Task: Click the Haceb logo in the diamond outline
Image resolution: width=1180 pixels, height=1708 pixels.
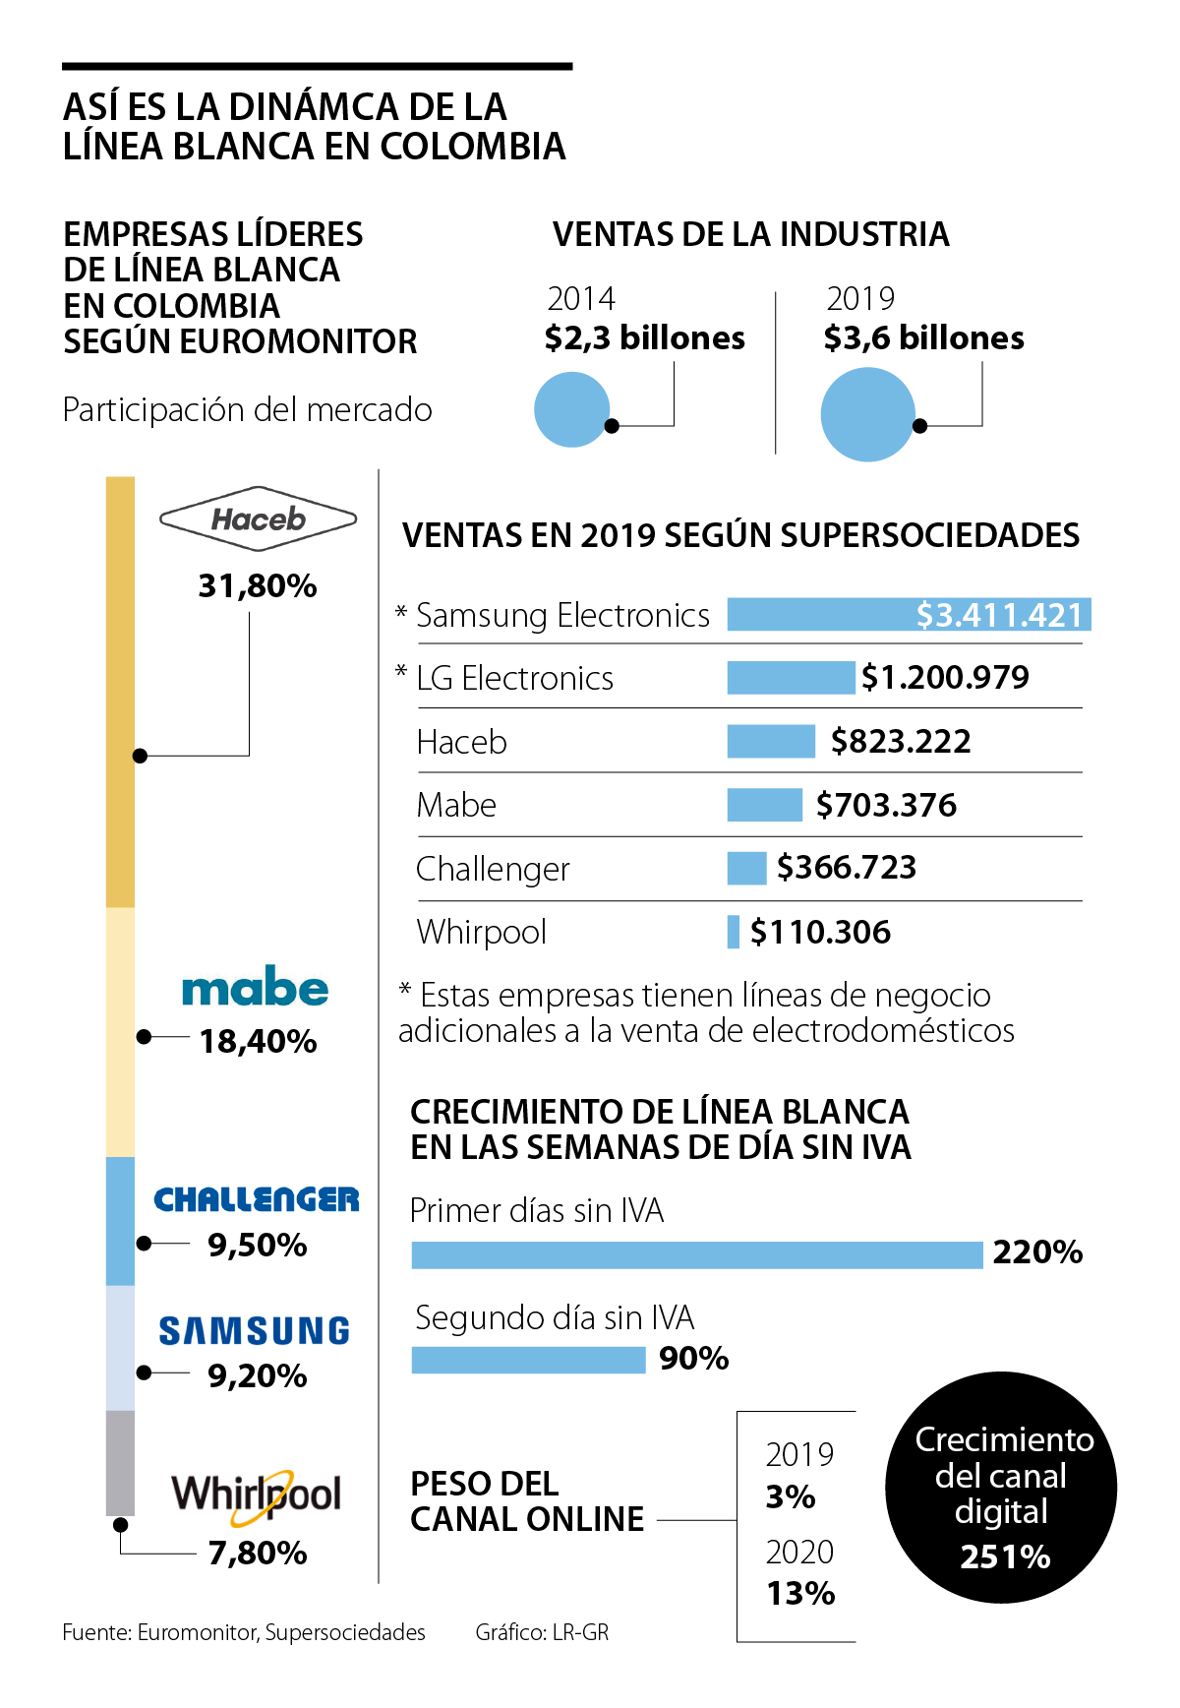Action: pos(258,518)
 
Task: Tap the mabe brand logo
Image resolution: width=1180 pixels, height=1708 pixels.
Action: pos(255,988)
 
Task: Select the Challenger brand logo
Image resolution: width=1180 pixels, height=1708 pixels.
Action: pos(257,1199)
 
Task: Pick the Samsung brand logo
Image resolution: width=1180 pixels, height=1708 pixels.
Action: pos(255,1331)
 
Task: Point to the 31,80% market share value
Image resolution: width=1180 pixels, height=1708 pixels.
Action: pos(258,586)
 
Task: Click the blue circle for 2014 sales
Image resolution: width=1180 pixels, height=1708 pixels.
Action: pos(572,409)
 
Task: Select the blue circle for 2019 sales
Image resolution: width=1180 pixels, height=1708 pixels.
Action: pos(867,414)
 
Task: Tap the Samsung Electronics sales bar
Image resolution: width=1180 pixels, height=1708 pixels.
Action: pos(909,615)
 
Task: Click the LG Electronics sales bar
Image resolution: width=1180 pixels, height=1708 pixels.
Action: pos(791,678)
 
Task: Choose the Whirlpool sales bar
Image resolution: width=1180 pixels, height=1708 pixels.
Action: pos(733,932)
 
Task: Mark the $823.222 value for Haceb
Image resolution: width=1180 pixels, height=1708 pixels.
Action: pos(901,742)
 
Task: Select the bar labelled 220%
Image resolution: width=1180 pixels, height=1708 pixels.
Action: pos(696,1254)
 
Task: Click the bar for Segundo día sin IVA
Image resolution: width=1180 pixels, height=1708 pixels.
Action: pos(528,1360)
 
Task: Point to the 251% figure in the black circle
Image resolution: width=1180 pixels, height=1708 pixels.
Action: pos(1005,1557)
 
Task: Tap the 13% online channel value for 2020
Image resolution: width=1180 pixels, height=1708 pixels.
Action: pos(800,1593)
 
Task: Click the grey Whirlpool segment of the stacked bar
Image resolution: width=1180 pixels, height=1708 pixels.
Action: pos(120,1463)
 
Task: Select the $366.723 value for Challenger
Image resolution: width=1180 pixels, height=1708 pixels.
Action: pos(847,868)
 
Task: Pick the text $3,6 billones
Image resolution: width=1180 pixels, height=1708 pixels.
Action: pos(923,338)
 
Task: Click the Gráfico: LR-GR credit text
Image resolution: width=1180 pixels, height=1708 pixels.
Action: pos(542,1632)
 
